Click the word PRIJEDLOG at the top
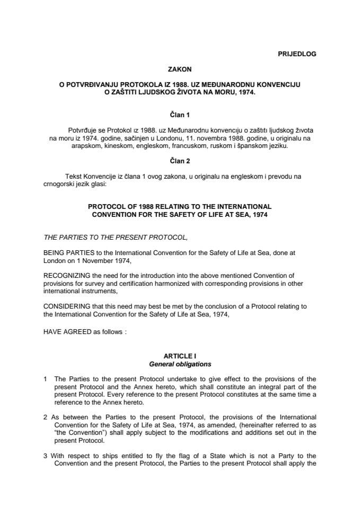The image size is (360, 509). point(296,54)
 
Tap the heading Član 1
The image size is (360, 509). point(180,114)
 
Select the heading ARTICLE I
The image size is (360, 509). point(180,357)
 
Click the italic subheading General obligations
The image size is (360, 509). point(180,364)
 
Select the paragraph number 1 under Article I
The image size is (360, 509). point(46,379)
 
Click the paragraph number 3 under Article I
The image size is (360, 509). point(46,457)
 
